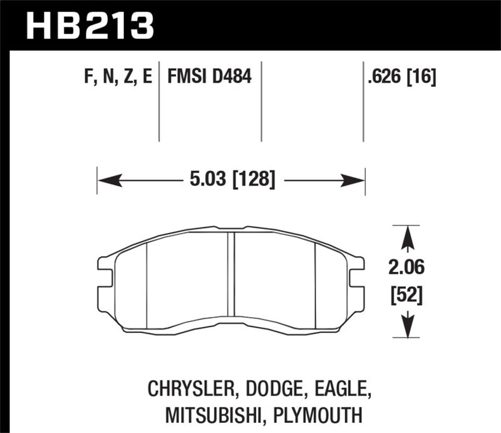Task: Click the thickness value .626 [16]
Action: click(x=402, y=78)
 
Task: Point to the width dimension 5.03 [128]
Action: click(x=232, y=180)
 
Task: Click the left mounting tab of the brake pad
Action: click(x=103, y=276)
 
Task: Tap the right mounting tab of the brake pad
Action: click(x=358, y=276)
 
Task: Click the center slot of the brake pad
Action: click(x=231, y=279)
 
